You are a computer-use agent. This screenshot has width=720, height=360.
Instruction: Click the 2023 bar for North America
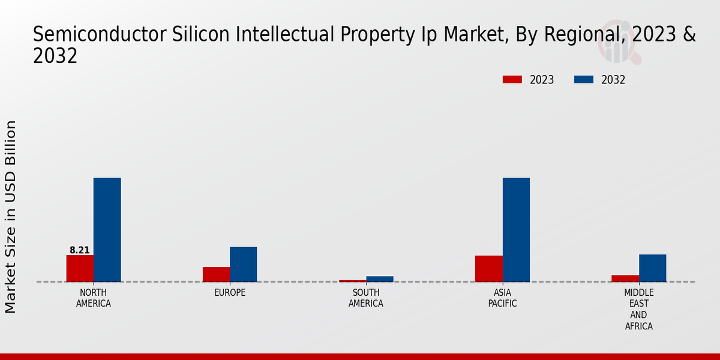(x=80, y=268)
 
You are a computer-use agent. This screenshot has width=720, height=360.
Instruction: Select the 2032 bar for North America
(x=107, y=230)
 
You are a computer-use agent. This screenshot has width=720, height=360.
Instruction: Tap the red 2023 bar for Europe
(x=216, y=274)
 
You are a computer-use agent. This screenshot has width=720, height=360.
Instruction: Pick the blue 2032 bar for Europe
(x=244, y=264)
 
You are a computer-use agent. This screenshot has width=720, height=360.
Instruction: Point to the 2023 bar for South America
(x=352, y=281)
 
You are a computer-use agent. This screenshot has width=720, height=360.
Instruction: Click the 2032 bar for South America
(x=380, y=279)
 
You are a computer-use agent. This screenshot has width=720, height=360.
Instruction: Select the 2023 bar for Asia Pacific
(x=488, y=269)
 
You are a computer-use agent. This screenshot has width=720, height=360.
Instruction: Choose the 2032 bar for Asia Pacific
(x=516, y=230)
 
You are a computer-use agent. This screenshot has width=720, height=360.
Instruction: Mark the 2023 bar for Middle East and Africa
(x=625, y=278)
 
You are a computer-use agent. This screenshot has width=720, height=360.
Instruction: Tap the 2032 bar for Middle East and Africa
(x=652, y=268)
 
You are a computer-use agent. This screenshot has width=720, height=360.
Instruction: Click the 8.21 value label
(x=80, y=250)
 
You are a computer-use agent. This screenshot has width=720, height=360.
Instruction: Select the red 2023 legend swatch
(x=512, y=80)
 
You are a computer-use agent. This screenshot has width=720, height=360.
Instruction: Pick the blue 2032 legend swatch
(x=584, y=80)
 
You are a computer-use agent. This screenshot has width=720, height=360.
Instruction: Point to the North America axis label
(x=94, y=298)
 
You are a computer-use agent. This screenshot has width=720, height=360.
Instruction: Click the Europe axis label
(x=230, y=293)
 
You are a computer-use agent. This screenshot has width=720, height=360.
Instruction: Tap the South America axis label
(x=366, y=298)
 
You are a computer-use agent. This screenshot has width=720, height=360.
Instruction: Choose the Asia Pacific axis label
(x=502, y=298)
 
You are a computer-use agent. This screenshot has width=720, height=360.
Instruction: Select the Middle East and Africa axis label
(x=638, y=310)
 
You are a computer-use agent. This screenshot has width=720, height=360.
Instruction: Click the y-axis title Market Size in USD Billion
(x=11, y=217)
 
